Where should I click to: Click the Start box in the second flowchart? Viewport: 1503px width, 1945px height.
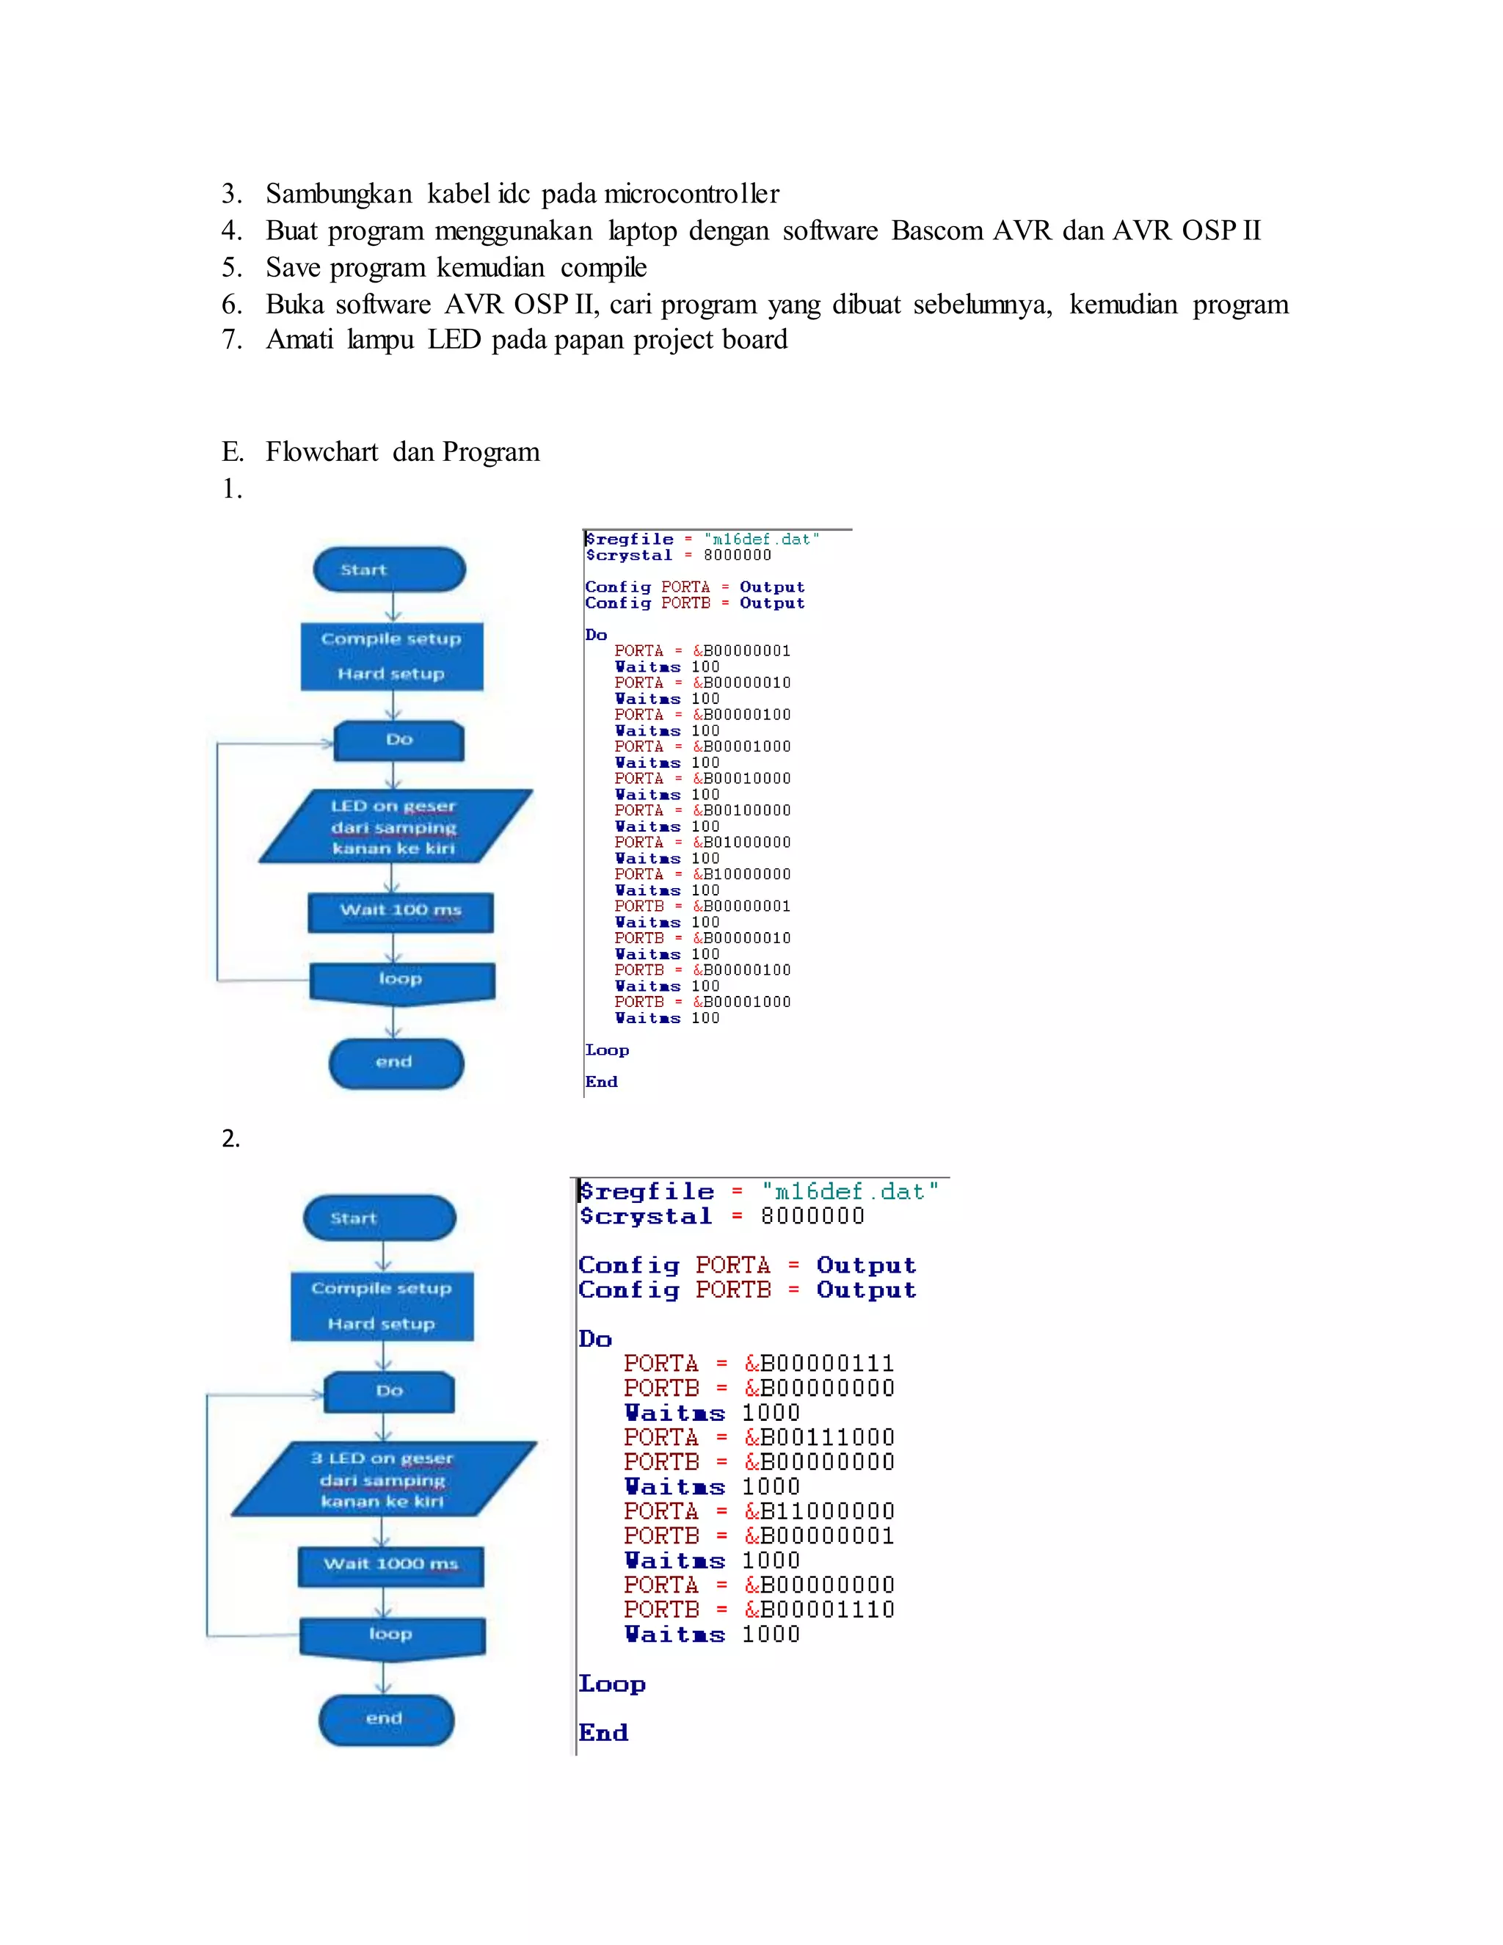pyautogui.click(x=379, y=1218)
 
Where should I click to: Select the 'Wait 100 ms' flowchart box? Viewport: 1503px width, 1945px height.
pyautogui.click(x=400, y=911)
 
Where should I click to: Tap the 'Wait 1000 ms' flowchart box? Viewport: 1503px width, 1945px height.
pyautogui.click(x=390, y=1565)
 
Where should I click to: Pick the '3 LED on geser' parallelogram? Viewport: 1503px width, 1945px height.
pyautogui.click(x=384, y=1479)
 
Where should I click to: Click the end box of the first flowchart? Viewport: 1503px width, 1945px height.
pyautogui.click(x=396, y=1063)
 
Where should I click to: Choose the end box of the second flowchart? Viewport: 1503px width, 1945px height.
pyautogui.click(x=385, y=1719)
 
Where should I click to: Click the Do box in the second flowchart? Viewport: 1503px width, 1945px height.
pyautogui.click(x=389, y=1391)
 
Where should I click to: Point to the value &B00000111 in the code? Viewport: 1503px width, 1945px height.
pyautogui.click(x=819, y=1364)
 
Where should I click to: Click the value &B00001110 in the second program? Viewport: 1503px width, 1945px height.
pyautogui.click(x=819, y=1610)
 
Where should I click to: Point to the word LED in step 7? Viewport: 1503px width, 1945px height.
pyautogui.click(x=454, y=341)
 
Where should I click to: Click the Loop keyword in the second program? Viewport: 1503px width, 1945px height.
pyautogui.click(x=612, y=1684)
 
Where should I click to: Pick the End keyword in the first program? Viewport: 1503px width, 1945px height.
pyautogui.click(x=601, y=1082)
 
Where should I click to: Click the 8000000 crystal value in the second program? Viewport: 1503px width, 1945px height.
pyautogui.click(x=812, y=1216)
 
